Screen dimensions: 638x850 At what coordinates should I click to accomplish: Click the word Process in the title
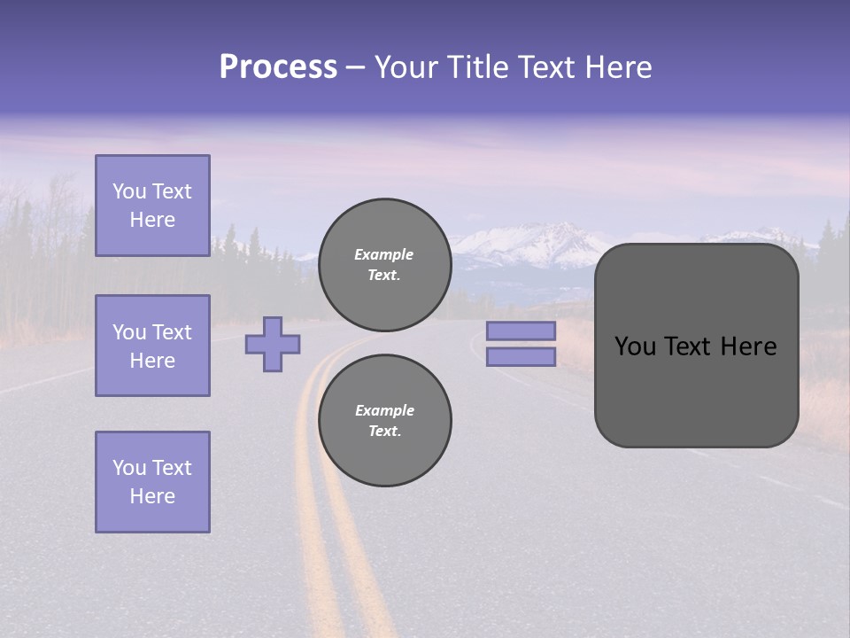(x=278, y=67)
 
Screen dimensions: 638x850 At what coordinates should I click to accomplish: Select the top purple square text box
(x=152, y=206)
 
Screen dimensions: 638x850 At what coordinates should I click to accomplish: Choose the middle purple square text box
(x=152, y=346)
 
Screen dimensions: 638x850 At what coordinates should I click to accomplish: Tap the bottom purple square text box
(x=152, y=482)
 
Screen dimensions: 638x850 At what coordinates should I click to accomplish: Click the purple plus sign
(x=273, y=344)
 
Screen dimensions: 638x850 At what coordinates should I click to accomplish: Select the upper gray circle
(x=384, y=264)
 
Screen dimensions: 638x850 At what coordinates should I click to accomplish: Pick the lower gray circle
(x=384, y=420)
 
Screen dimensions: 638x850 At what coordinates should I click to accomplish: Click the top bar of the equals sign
(x=521, y=331)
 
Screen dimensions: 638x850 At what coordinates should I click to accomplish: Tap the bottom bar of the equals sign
(x=521, y=356)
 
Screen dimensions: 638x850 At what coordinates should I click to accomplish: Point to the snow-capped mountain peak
(x=531, y=237)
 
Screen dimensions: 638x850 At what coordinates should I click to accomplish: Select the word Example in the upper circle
(x=383, y=254)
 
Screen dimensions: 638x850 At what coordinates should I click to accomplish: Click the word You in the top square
(x=128, y=191)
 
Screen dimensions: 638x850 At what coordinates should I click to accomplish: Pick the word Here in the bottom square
(x=152, y=496)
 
